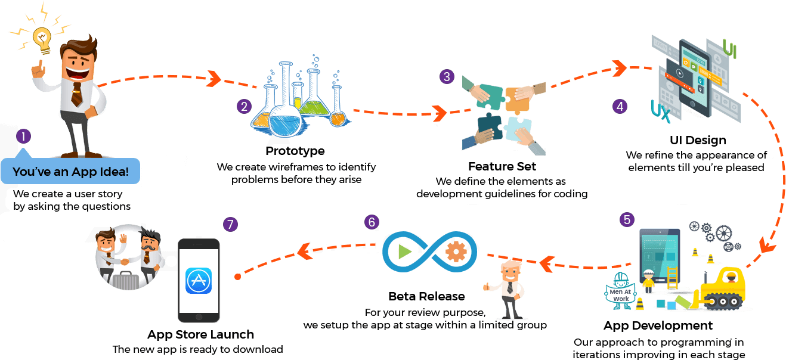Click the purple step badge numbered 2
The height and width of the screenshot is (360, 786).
pyautogui.click(x=243, y=107)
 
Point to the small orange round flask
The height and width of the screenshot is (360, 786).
pyautogui.click(x=338, y=119)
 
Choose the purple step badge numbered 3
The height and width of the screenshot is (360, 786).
pyautogui.click(x=447, y=77)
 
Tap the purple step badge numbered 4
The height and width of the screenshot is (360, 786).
pyautogui.click(x=620, y=107)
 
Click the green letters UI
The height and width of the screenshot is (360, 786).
pyautogui.click(x=729, y=49)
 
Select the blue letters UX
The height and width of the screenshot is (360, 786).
pyautogui.click(x=661, y=111)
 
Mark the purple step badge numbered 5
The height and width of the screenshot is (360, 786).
pyautogui.click(x=627, y=219)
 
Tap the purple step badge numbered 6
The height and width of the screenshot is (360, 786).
pyautogui.click(x=372, y=222)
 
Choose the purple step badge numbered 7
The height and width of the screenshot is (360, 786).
pyautogui.click(x=230, y=225)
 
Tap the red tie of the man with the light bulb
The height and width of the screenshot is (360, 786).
pyautogui.click(x=77, y=93)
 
